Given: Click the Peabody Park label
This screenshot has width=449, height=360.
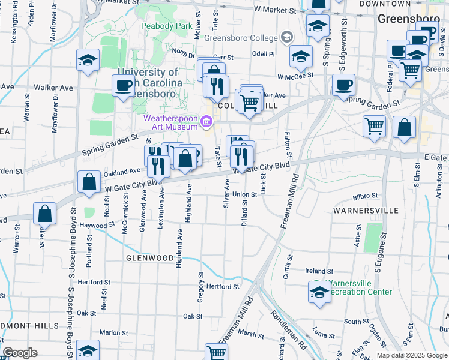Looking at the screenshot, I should [x=166, y=26].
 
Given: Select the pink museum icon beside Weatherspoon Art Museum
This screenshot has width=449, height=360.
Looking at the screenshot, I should [x=207, y=122].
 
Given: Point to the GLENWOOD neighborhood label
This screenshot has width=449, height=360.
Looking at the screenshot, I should [x=142, y=258].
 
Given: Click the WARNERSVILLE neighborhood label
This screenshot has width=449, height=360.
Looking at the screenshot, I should [x=366, y=211].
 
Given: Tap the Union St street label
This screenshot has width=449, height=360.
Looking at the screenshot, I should [x=245, y=194].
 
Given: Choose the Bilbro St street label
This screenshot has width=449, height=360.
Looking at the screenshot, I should [x=366, y=196].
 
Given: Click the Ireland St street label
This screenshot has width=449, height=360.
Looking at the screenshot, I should [x=319, y=271].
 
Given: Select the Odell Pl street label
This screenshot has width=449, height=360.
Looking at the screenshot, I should [x=263, y=53].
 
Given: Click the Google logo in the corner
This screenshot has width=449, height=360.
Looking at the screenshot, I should [x=20, y=353].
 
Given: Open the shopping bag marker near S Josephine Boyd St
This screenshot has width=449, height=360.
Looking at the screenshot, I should [x=89, y=184].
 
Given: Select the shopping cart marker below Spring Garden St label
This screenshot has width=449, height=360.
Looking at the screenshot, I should [x=374, y=127].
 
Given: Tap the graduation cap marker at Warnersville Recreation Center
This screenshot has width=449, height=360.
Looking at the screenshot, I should [x=319, y=293].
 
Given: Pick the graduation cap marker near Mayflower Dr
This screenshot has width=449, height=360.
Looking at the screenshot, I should [x=88, y=61].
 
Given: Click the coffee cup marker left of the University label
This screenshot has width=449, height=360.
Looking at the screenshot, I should [x=123, y=85].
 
